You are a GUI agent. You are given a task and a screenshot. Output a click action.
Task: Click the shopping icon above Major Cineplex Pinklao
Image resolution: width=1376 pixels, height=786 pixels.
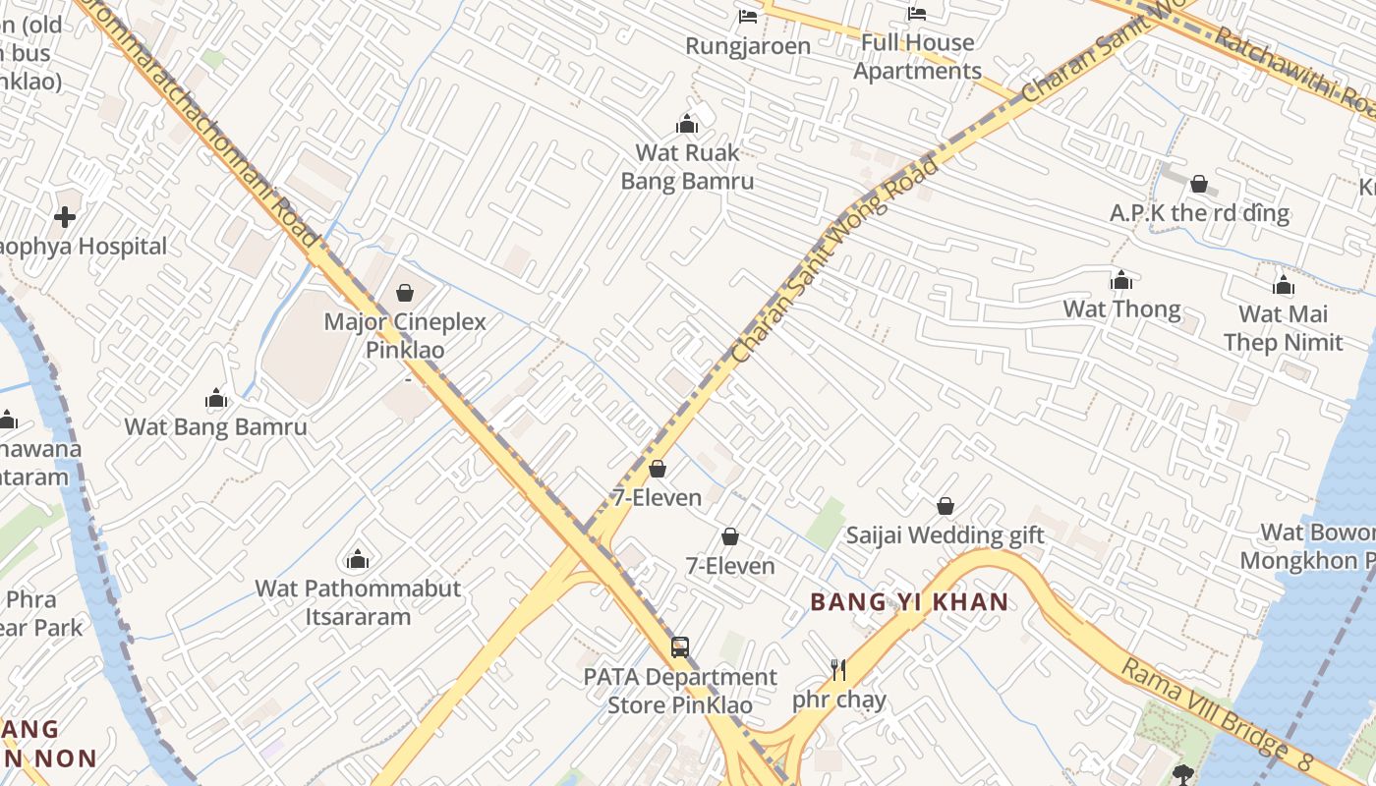404,292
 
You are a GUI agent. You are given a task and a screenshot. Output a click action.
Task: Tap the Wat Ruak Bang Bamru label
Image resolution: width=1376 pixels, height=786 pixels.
687,167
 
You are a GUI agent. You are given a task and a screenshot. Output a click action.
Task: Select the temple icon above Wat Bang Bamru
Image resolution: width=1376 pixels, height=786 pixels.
216,398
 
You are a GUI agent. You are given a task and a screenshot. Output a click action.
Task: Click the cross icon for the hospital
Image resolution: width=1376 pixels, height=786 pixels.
66,217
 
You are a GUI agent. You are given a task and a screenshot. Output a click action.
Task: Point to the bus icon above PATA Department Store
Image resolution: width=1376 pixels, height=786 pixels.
680,646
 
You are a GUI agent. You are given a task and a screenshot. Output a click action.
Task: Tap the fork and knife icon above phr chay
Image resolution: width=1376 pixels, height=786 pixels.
838,670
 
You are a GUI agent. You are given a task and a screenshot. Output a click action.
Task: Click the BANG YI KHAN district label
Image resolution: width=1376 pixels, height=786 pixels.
909,602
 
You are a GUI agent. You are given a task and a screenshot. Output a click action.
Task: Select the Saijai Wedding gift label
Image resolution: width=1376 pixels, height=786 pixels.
945,535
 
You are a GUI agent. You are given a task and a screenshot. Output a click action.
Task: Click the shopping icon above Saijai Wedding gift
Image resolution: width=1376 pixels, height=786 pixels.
945,506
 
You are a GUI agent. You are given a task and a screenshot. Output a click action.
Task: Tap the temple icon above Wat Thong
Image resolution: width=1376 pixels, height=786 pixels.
1121,280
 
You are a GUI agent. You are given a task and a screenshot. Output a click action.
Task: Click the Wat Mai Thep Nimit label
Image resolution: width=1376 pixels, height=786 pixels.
1283,328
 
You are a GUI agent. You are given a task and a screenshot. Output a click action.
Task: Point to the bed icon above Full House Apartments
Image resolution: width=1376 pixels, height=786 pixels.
917,14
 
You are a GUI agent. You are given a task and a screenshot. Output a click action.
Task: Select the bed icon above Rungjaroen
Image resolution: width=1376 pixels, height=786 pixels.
748,17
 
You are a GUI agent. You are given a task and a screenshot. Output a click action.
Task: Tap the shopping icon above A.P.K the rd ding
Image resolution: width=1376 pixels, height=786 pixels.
1199,184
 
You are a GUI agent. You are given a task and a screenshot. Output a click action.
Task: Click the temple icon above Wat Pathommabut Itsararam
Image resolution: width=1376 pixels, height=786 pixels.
358,560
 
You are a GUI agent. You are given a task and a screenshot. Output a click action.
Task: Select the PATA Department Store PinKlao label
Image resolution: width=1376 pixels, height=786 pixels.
680,691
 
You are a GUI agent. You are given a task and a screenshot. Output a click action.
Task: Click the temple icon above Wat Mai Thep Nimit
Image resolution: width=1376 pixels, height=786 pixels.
1283,285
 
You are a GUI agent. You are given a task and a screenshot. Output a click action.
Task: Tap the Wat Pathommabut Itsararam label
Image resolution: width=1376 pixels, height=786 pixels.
358,602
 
